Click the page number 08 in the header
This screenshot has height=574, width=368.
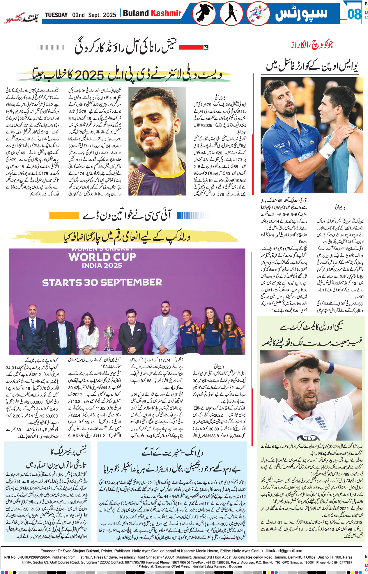pyautogui.click(x=354, y=14)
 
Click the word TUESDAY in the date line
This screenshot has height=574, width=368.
pyautogui.click(x=56, y=15)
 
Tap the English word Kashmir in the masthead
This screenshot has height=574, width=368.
pyautogui.click(x=166, y=13)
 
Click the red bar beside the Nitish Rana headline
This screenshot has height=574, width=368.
pyautogui.click(x=191, y=47)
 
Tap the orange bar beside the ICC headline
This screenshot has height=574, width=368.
pyautogui.click(x=64, y=215)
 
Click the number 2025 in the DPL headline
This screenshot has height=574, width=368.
pyautogui.click(x=90, y=75)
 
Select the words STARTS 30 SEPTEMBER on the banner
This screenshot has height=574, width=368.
pyautogui.click(x=102, y=282)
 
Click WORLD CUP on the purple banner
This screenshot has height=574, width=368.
pyautogui.click(x=102, y=257)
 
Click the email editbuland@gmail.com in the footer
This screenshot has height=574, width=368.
pyautogui.click(x=283, y=551)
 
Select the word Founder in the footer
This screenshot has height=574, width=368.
pyautogui.click(x=48, y=551)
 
